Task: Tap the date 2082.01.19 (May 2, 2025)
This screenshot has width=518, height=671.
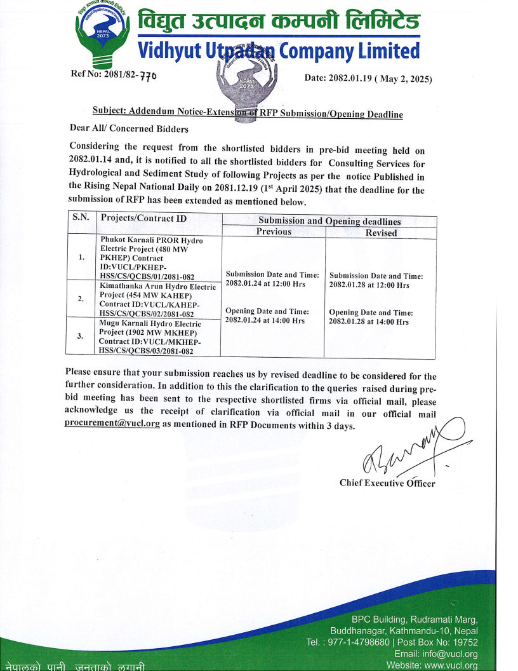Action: coord(368,79)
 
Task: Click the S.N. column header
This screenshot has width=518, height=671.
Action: coord(81,218)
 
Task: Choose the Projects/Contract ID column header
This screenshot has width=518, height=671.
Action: coord(143,219)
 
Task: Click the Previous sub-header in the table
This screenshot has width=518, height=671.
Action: coord(274,232)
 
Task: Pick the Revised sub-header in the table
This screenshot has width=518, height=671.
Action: coord(381,233)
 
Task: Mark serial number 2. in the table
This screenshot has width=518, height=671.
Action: coord(81,299)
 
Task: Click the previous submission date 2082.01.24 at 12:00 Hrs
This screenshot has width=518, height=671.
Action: coord(265,284)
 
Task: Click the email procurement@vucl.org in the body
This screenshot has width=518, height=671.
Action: coord(112,424)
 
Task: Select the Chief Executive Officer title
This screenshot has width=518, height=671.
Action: coord(387,483)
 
